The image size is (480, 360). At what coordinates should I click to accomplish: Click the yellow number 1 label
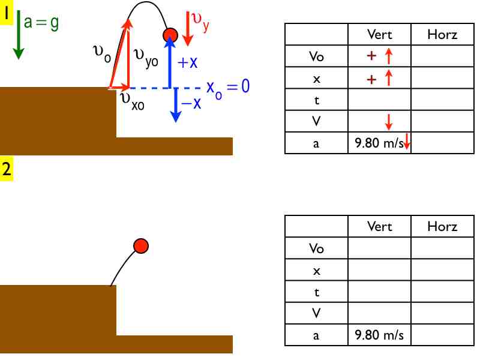tap(7, 13)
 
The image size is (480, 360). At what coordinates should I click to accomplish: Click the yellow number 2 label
tap(7, 169)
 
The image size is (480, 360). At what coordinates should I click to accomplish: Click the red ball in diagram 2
tap(140, 245)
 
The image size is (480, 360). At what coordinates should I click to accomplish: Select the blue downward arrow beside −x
tap(175, 105)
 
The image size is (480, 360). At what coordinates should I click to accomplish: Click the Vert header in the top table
tap(379, 34)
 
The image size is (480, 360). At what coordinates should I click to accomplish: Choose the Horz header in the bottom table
tap(442, 227)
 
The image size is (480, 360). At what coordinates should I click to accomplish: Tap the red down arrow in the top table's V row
tap(388, 122)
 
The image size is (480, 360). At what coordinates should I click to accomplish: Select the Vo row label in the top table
tap(316, 56)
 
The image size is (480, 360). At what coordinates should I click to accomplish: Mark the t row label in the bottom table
tap(316, 292)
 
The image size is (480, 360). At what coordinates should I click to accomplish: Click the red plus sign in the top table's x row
tap(372, 78)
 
